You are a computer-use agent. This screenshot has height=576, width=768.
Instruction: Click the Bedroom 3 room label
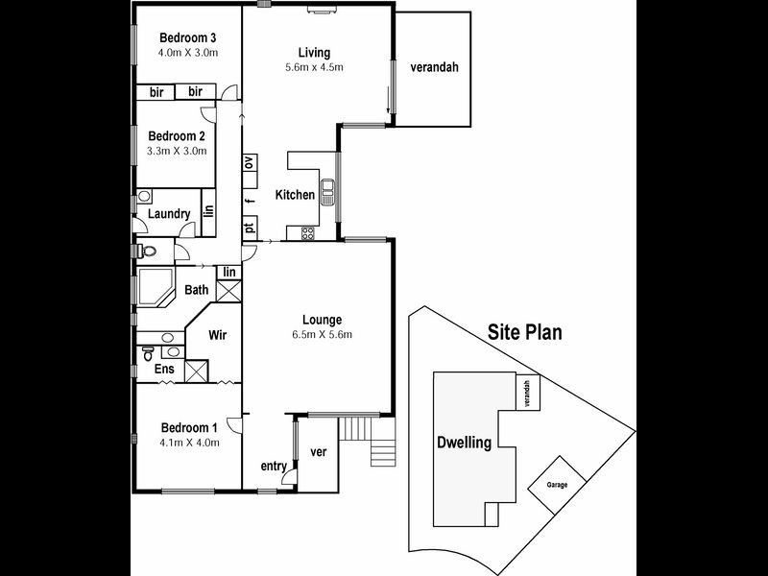click(188, 37)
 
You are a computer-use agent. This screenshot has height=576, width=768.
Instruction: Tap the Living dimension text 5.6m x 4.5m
click(314, 67)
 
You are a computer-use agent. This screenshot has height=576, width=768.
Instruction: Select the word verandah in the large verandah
click(434, 67)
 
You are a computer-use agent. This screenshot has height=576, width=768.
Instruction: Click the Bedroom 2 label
click(177, 136)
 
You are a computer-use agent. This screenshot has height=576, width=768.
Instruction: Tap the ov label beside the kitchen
click(249, 162)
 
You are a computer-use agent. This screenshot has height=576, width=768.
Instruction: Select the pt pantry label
click(249, 228)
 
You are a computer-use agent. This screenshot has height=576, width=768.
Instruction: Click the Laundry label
click(168, 214)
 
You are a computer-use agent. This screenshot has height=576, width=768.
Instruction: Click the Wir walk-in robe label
click(218, 336)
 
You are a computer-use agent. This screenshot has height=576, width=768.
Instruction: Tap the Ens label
click(164, 369)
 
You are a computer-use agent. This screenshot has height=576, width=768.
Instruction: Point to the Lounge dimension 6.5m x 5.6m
click(322, 335)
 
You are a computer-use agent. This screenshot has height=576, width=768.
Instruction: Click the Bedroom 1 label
click(189, 428)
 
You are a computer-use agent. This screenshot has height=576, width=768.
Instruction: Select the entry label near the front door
click(274, 467)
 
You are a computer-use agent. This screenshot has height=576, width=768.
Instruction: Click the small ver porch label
click(321, 451)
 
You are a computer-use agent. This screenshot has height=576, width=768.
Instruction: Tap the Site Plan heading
click(524, 333)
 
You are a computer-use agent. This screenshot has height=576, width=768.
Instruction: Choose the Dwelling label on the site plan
click(465, 443)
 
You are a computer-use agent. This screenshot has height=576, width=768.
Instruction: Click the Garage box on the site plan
click(557, 484)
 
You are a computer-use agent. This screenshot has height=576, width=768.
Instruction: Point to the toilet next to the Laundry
click(147, 252)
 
